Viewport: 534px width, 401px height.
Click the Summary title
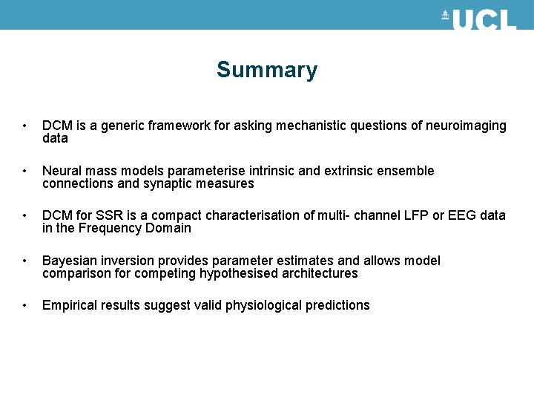[266, 70]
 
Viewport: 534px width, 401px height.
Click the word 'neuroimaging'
[466, 126]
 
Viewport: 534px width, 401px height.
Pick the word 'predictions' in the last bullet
[337, 305]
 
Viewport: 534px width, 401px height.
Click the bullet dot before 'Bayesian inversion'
[25, 261]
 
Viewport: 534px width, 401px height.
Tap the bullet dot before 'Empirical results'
[25, 305]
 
